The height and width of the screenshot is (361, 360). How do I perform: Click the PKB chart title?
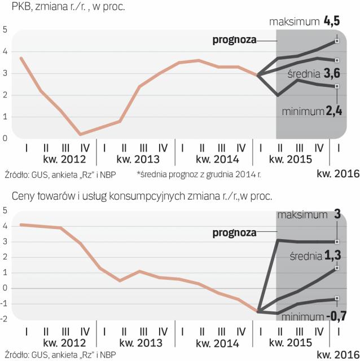click(65, 8)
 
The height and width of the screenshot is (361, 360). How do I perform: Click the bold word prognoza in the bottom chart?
click(234, 232)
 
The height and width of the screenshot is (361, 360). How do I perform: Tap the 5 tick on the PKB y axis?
click(5, 29)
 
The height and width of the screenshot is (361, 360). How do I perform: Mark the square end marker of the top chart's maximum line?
click(337, 41)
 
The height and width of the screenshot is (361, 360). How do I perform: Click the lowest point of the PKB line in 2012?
click(81, 134)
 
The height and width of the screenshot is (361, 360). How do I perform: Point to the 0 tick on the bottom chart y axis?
click(5, 288)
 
